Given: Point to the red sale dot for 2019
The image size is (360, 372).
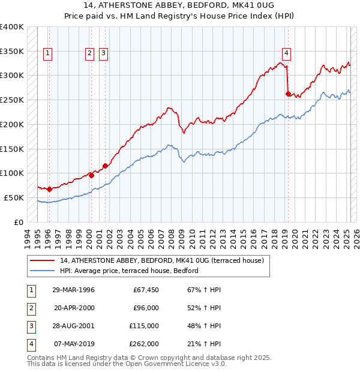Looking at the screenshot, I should [x=288, y=94].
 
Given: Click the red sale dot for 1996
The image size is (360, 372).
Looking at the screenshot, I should [x=49, y=189].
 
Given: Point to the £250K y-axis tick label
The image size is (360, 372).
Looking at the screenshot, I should [x=12, y=100].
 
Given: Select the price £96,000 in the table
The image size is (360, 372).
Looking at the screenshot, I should [x=146, y=308].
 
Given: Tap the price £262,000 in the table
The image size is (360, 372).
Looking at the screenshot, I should [x=143, y=344].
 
